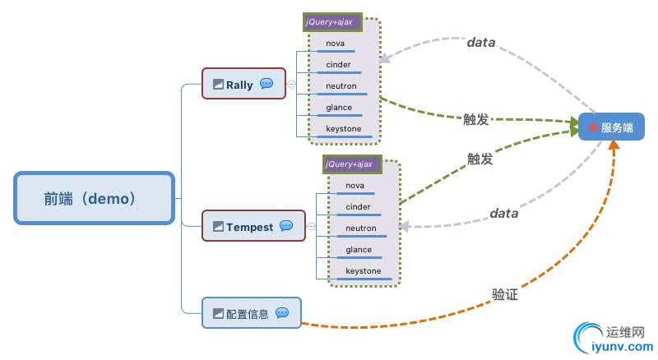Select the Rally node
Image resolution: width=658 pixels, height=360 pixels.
(243, 84)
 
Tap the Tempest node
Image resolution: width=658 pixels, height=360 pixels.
(253, 226)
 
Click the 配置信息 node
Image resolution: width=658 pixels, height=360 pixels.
(251, 312)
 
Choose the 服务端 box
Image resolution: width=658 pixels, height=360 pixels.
(610, 127)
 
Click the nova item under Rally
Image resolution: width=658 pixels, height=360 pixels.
(335, 43)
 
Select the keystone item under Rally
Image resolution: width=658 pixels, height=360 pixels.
(343, 128)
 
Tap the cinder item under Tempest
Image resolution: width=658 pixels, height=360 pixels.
(358, 206)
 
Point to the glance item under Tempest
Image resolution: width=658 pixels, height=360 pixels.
(359, 249)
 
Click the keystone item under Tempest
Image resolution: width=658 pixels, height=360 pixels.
(363, 270)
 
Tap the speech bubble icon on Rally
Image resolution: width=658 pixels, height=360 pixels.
(266, 84)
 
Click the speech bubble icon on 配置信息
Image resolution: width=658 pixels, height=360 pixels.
(282, 312)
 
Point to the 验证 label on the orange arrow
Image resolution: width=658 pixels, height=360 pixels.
(505, 293)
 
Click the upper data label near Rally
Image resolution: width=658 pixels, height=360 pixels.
(481, 42)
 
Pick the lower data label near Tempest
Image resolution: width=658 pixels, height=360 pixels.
(504, 213)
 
